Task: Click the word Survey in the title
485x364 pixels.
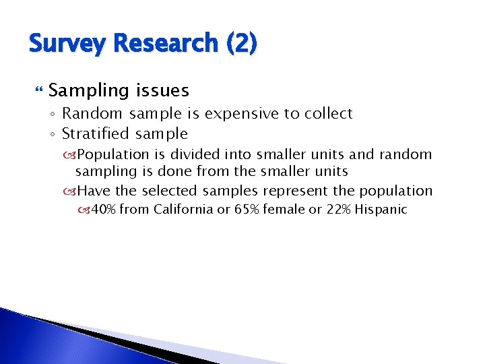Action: pos(65,44)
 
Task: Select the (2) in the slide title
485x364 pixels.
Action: pos(242,44)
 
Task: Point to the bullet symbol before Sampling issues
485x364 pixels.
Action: pos(37,90)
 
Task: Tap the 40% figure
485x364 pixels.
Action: pos(103,210)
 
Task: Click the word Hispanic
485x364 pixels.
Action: pos(381,210)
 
